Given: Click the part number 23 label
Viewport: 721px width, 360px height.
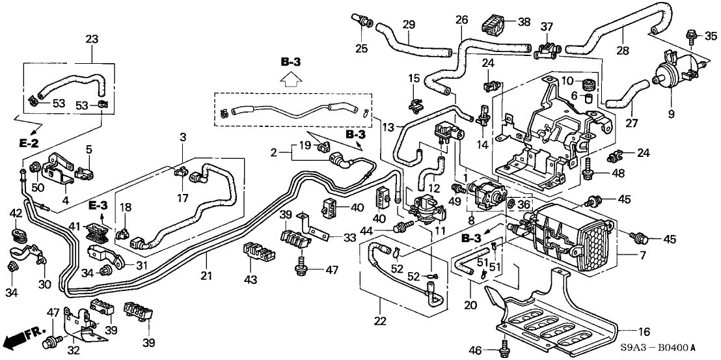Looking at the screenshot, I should [92, 40].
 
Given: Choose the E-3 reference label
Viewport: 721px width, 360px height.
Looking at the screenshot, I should [98, 206].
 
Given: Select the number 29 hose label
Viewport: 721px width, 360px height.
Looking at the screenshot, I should [408, 25].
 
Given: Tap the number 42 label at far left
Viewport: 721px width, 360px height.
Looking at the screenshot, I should [16, 213].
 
